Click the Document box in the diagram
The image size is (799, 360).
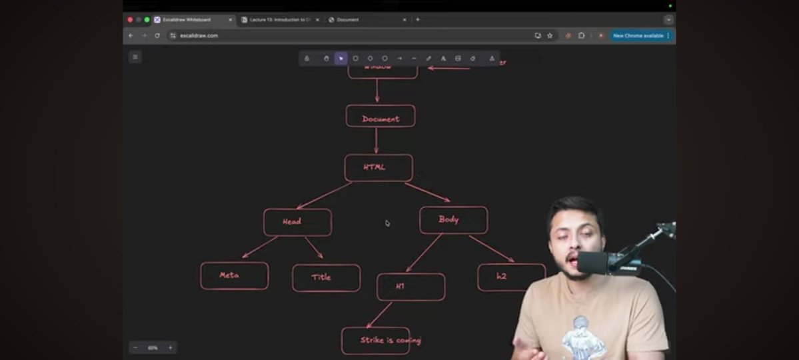point(381,117)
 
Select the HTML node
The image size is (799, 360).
point(378,167)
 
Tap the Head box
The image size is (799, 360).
point(297,222)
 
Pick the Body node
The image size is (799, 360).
point(453,220)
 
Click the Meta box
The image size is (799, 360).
point(234,275)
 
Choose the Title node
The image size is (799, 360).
point(326,278)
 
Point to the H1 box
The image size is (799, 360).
point(410,287)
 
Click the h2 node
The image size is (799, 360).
point(510,277)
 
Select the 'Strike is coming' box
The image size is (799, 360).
point(375,341)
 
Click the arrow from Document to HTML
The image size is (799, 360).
point(377,141)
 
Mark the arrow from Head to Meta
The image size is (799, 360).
point(260,247)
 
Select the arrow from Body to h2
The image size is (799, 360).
point(490,249)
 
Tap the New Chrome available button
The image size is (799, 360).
point(638,35)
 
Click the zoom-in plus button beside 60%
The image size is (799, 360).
point(170,347)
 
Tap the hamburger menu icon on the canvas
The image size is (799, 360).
point(135,57)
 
